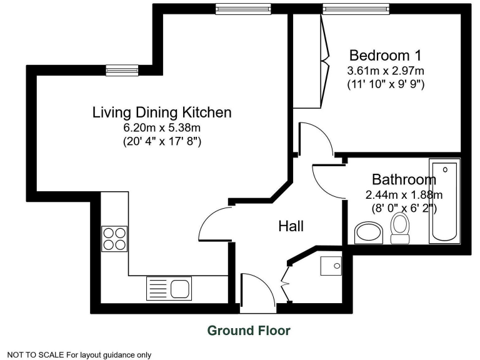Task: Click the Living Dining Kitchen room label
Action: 162,113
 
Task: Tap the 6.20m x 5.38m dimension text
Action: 162,128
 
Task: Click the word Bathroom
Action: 404,180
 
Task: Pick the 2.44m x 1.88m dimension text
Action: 404,194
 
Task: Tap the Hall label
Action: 291,226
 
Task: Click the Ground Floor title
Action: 249,330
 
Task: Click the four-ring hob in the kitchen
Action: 114,237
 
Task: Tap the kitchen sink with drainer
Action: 169,288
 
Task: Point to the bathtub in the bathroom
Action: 444,202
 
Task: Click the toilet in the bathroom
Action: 399,227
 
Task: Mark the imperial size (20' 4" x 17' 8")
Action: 162,142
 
